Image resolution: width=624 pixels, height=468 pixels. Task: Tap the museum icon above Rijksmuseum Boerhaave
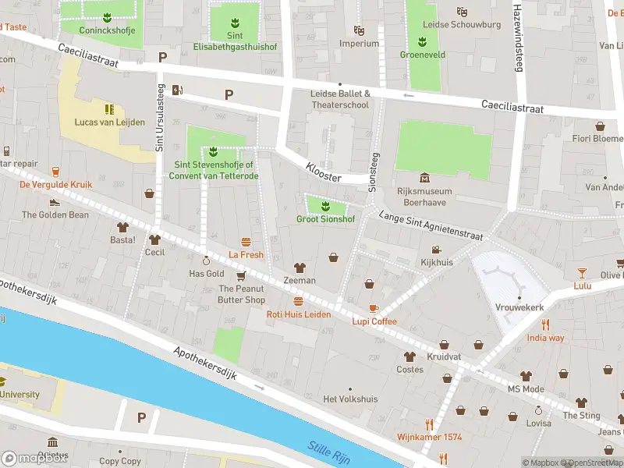424,178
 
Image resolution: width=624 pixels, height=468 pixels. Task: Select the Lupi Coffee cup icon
374,308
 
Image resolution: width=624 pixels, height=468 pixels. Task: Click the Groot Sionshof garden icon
325,206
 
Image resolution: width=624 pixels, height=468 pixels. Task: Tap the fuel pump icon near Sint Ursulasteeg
178,89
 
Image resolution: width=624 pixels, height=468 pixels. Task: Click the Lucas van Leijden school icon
109,108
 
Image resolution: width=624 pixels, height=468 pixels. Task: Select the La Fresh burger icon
246,242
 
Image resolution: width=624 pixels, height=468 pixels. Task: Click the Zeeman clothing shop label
300,280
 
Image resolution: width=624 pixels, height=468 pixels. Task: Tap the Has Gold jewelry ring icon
207,261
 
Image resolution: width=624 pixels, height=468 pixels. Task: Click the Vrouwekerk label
519,307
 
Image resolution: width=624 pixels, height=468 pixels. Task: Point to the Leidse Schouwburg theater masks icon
462,12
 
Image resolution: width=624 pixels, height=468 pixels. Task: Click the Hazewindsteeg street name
516,35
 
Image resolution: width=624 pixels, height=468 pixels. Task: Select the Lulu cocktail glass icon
582,272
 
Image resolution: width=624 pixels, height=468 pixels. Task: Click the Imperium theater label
359,44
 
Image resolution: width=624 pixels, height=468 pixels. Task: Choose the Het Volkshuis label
350,399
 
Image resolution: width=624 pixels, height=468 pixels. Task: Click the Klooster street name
323,172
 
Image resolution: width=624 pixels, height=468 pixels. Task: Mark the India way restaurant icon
545,324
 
